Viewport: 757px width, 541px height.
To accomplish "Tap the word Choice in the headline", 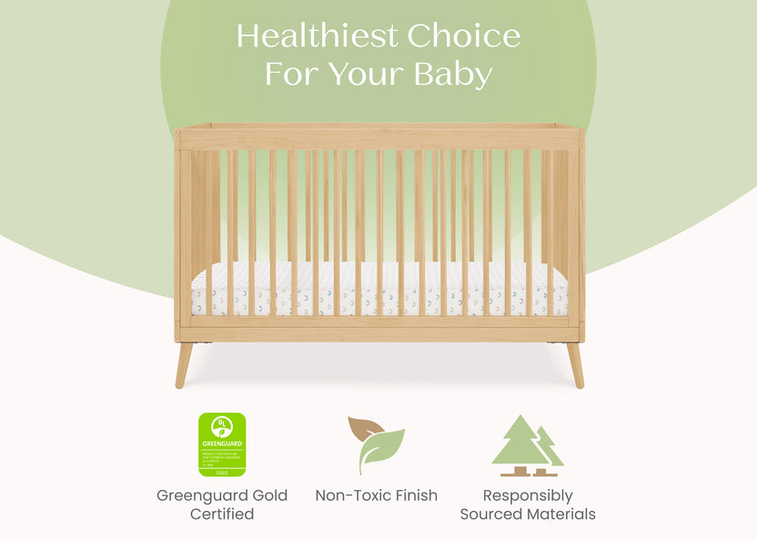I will (464, 36).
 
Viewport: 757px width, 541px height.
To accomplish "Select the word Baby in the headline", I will (452, 74).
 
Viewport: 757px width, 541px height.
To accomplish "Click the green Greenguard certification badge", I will (222, 444).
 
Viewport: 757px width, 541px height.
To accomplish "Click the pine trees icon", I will (527, 445).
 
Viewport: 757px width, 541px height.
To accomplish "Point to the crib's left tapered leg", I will (184, 364).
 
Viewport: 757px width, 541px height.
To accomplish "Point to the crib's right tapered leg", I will (575, 364).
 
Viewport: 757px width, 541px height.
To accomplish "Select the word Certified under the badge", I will (222, 515).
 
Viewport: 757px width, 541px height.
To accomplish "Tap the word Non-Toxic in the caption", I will (354, 495).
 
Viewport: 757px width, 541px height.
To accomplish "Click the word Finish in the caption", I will (417, 495).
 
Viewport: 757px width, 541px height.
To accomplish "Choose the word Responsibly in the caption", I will (528, 495).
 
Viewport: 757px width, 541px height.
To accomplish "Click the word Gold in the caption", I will (270, 495).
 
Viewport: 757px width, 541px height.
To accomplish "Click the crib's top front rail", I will (379, 138).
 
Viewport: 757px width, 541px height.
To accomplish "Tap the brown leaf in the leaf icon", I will (363, 428).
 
